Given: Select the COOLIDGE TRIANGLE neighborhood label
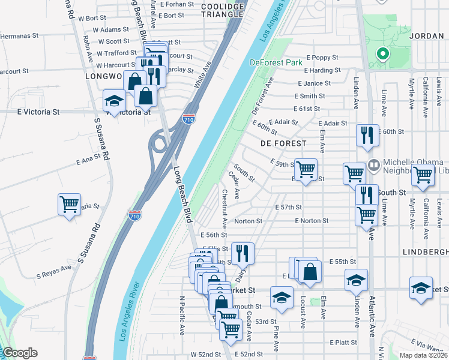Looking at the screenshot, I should (223, 11).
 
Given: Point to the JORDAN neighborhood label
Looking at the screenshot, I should (426, 36).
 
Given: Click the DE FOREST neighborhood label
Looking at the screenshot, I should (283, 143).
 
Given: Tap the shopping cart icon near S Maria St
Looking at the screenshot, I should (70, 204).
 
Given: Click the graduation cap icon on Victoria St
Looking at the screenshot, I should (113, 101).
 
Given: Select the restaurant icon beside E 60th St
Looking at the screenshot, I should (367, 136).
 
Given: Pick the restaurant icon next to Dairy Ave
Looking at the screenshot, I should (243, 253).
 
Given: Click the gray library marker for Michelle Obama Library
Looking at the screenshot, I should (373, 163).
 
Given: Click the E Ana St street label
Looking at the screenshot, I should (88, 160).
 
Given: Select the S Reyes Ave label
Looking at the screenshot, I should (54, 274).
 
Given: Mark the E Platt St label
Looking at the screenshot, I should (343, 342).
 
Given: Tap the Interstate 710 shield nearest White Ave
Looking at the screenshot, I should (188, 119).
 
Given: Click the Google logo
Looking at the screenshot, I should (19, 353).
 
